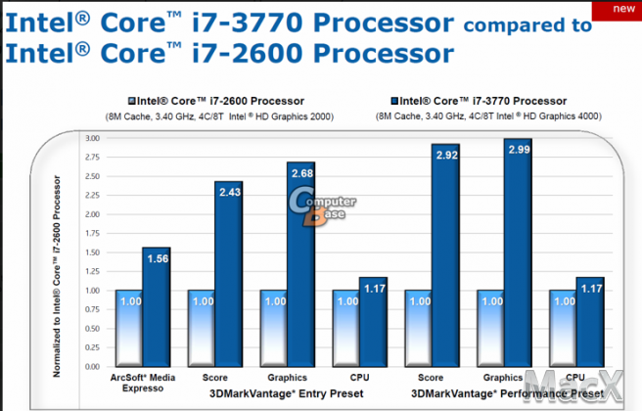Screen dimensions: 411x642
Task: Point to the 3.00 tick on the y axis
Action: (x=93, y=139)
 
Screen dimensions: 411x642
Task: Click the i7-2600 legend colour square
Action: (x=131, y=101)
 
